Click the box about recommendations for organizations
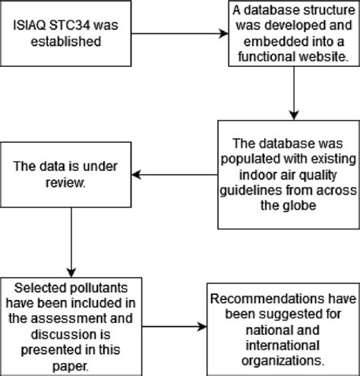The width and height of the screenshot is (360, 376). click(x=277, y=326)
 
